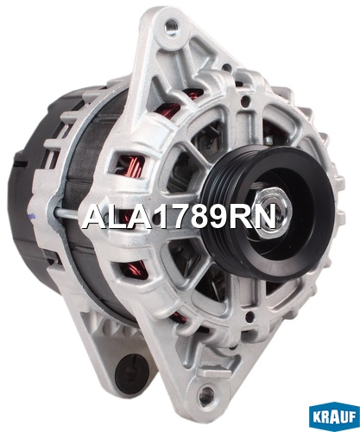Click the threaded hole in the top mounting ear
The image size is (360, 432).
click(x=172, y=24)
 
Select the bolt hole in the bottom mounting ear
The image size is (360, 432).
click(x=207, y=392)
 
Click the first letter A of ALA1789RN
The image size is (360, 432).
click(x=93, y=217)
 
